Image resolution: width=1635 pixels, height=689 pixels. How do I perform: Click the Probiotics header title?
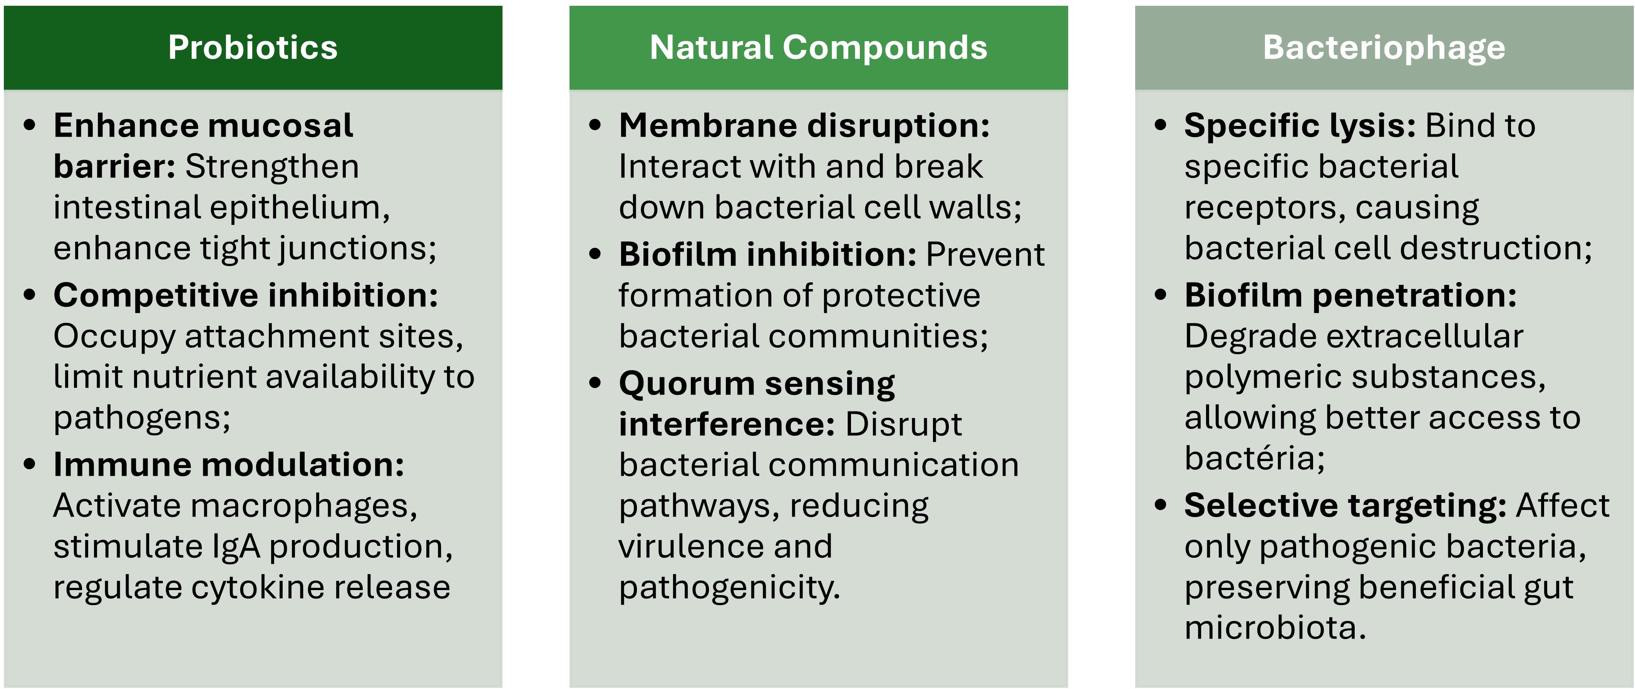253,48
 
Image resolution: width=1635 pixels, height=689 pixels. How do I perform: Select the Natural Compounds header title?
818,48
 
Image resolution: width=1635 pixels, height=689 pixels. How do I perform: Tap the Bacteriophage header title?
1384,48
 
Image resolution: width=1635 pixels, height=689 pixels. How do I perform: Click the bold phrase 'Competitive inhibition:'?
246,296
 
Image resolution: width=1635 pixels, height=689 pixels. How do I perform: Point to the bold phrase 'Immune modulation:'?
228,465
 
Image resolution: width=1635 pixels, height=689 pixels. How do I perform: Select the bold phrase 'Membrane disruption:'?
804,125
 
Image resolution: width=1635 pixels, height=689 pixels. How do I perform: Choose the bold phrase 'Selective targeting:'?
1345,506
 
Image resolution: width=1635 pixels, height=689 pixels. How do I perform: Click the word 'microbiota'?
1275,628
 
